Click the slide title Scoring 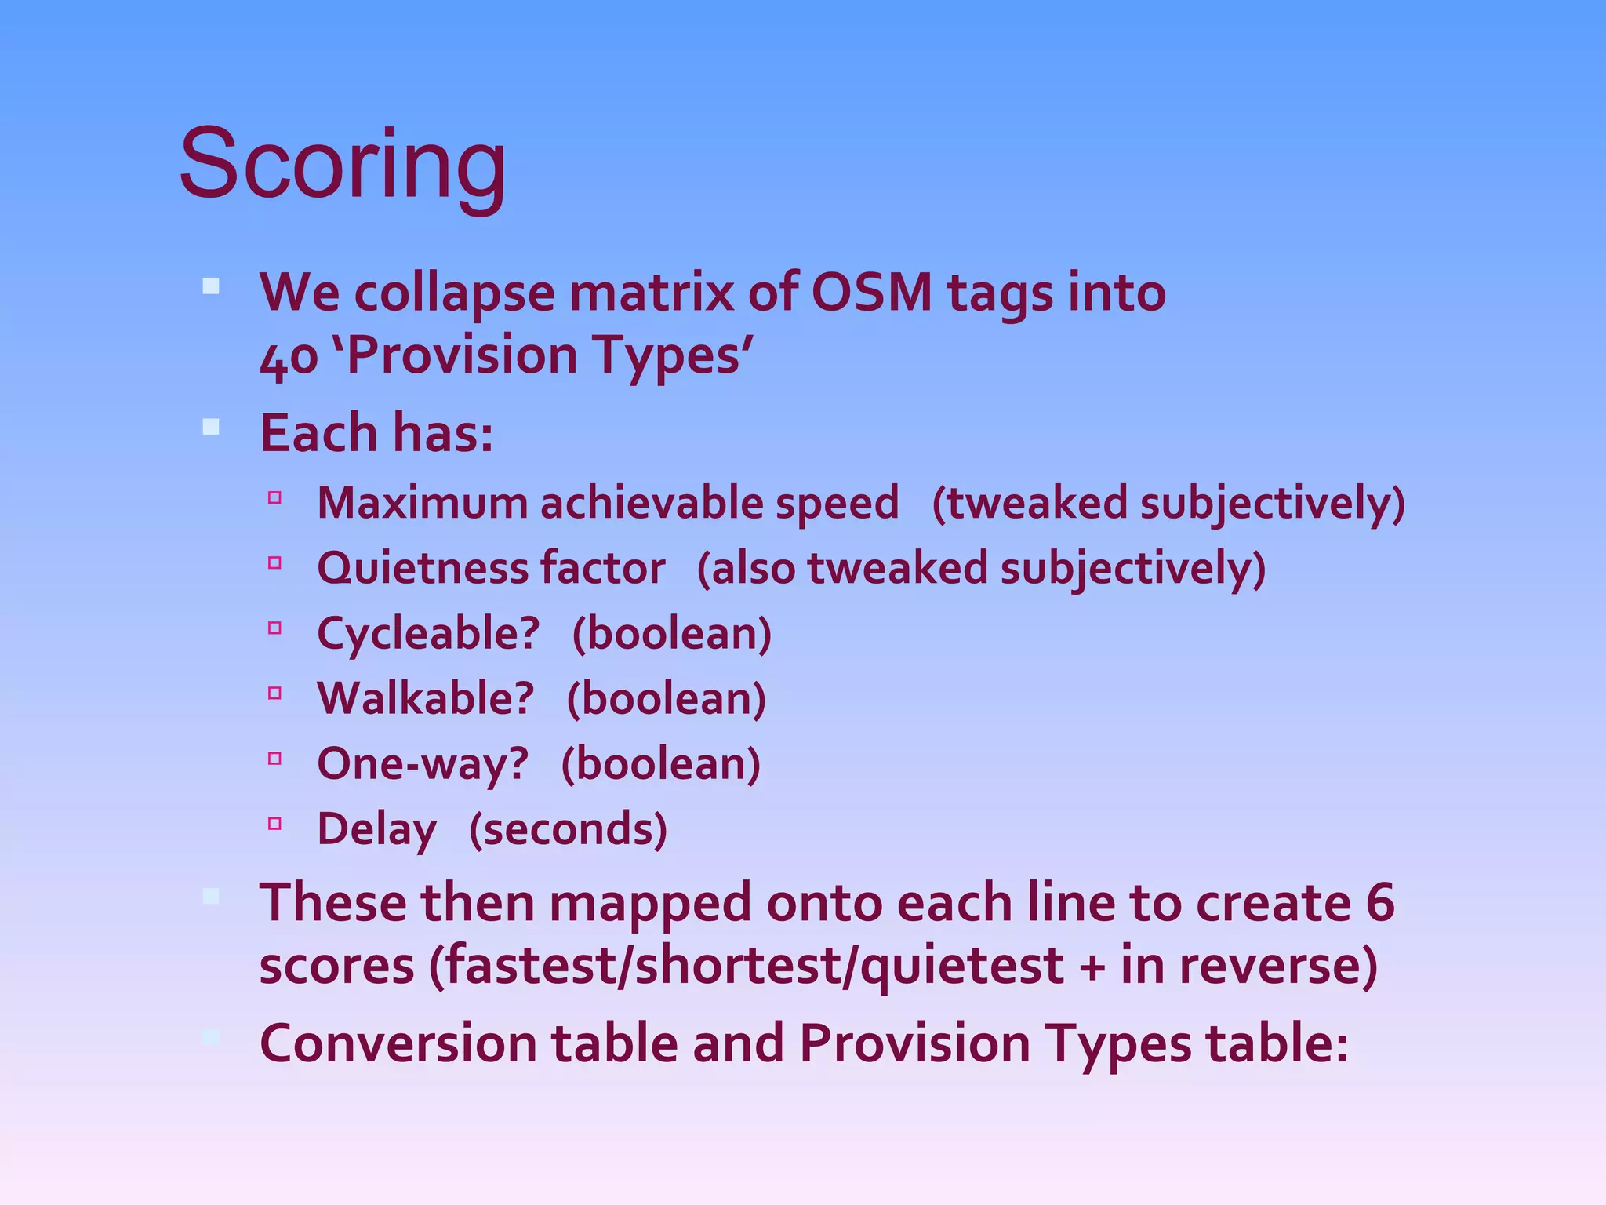(343, 165)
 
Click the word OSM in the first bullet (871, 293)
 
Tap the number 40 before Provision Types (289, 357)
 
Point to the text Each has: (376, 433)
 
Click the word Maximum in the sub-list (422, 503)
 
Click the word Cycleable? (428, 634)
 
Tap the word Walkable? (425, 699)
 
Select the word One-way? (423, 764)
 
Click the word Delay (376, 830)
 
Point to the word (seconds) (568, 830)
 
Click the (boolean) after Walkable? (666, 699)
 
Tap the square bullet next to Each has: (210, 428)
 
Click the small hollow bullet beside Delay (274, 824)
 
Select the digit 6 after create (1380, 903)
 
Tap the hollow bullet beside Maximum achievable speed (274, 497)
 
